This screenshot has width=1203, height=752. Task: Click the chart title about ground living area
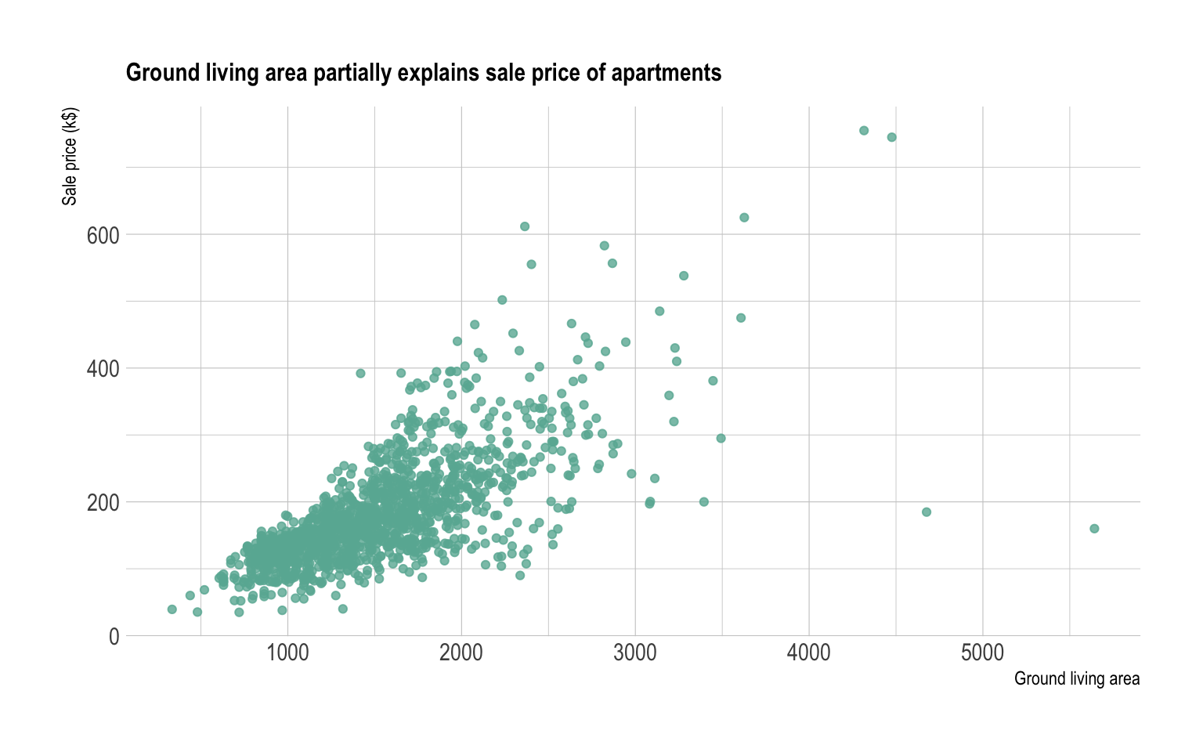coord(423,73)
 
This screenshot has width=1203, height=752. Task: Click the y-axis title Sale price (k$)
coord(70,157)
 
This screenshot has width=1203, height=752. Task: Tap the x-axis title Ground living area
coord(1076,678)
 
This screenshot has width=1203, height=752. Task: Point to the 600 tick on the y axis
coord(103,235)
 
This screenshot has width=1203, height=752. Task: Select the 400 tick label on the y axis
coord(103,368)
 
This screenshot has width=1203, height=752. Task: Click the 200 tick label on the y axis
coord(103,502)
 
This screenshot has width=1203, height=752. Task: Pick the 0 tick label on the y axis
coord(114,637)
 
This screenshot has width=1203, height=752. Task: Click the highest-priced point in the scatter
coord(864,130)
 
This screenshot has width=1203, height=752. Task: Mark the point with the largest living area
coord(1094,529)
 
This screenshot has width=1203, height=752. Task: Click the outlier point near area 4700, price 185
coord(927,512)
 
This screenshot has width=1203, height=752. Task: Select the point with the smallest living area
coord(172,609)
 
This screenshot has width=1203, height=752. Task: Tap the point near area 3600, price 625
coord(744,218)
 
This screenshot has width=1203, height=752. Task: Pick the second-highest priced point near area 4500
coord(891,137)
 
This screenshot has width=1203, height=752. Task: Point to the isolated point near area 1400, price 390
coord(360,374)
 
